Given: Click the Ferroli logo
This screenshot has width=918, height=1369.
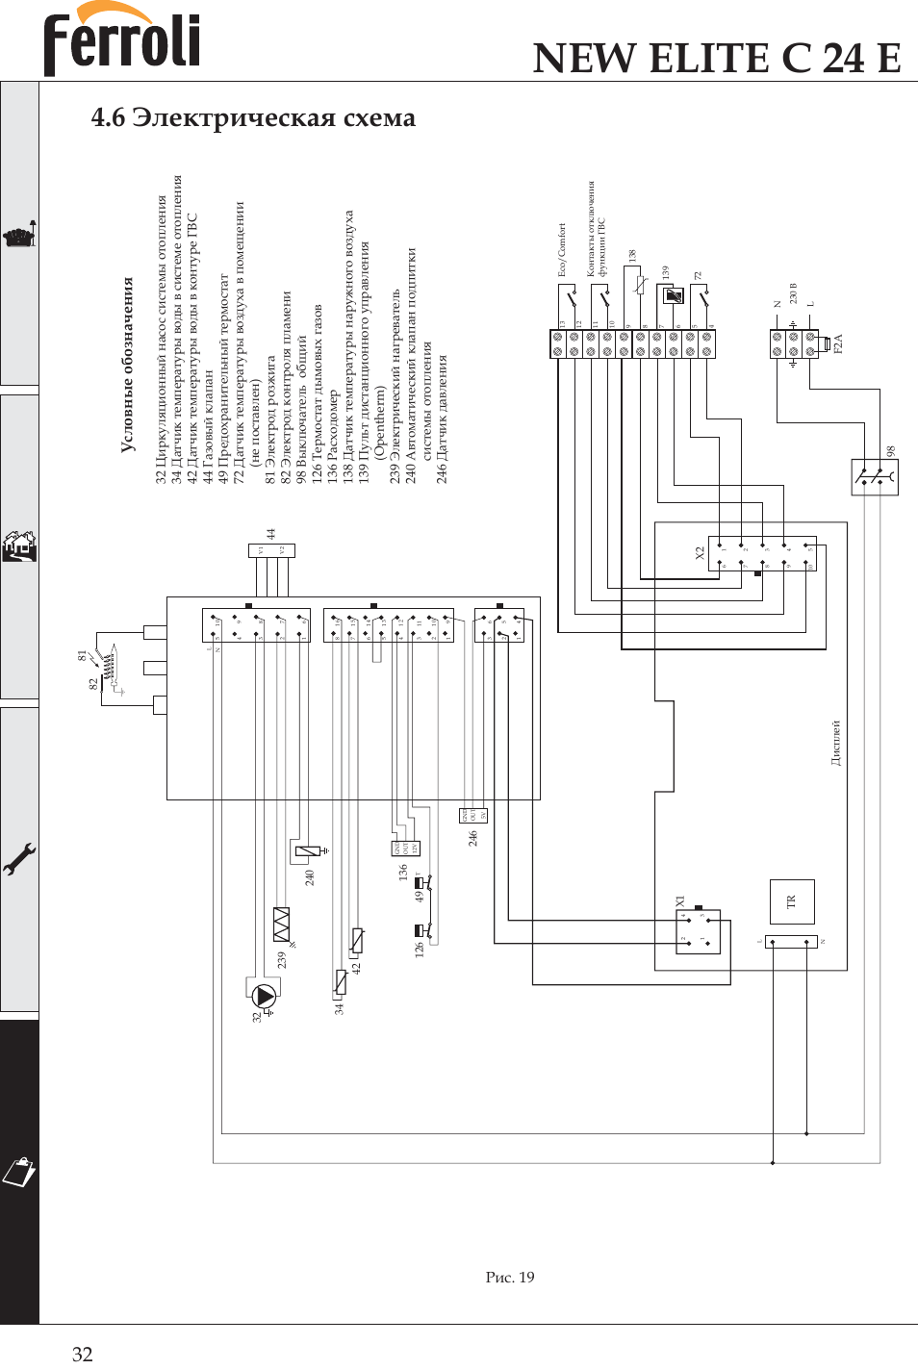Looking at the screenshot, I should pos(121,40).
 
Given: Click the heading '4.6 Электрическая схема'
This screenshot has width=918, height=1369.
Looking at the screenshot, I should pos(253,117).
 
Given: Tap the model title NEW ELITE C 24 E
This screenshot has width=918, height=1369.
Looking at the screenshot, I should pos(717,58).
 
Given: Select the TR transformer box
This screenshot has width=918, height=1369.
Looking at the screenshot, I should pos(792,901).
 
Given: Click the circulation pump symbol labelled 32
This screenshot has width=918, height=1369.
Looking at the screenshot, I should pos(263,997).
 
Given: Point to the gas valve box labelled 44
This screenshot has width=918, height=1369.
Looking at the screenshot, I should pos(271,550).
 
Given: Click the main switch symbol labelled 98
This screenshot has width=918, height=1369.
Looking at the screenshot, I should pos(875,476).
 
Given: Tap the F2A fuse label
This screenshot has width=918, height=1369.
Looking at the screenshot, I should pos(838,344).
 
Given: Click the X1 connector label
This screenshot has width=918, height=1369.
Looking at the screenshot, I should pos(680,901).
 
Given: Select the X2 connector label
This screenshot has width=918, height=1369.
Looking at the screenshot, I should pos(700,553).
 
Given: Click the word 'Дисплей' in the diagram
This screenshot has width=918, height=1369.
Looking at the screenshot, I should pos(836,742).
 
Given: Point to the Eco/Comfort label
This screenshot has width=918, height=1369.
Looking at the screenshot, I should pos(562,250).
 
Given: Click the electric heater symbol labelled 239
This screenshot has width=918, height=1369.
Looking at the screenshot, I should pos(281,924).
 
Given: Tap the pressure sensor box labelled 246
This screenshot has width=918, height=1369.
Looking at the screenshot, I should pos(473,816).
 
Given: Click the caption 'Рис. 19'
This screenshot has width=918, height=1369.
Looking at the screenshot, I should pos(510,1277).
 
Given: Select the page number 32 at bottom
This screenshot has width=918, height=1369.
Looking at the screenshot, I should pos(83,1354).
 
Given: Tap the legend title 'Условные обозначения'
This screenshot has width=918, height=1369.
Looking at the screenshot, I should pos(127,366).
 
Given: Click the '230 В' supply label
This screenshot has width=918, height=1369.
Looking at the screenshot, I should pos(794,293).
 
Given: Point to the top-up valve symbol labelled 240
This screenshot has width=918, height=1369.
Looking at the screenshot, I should pos(308,851).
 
